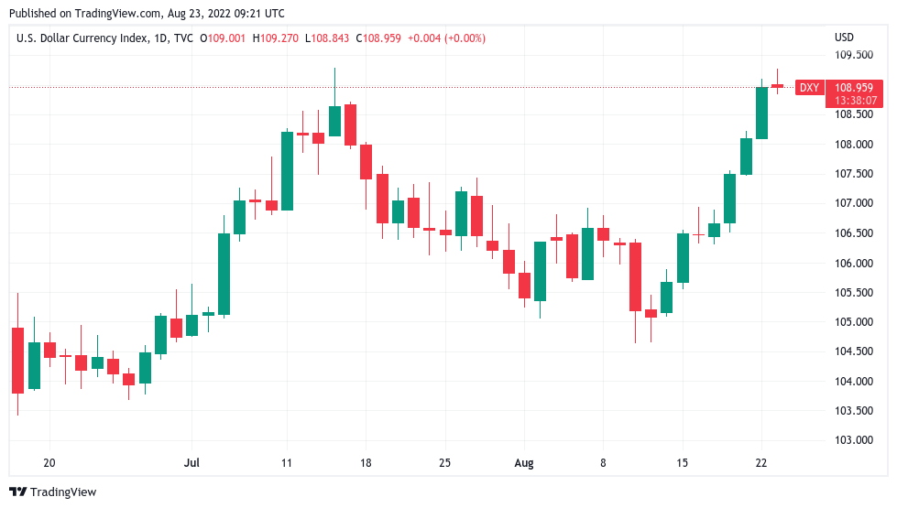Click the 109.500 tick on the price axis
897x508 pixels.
853,54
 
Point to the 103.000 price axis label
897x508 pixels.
853,439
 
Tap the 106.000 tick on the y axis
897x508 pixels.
853,263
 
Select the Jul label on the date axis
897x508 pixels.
191,463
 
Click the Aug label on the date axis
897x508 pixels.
523,463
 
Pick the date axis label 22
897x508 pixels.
761,463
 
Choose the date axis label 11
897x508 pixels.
287,463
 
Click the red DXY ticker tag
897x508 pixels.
808,88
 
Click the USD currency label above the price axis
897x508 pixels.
844,38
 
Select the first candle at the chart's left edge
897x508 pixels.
17,360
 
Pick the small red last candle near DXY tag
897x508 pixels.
777,86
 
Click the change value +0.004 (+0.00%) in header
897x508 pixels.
446,38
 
